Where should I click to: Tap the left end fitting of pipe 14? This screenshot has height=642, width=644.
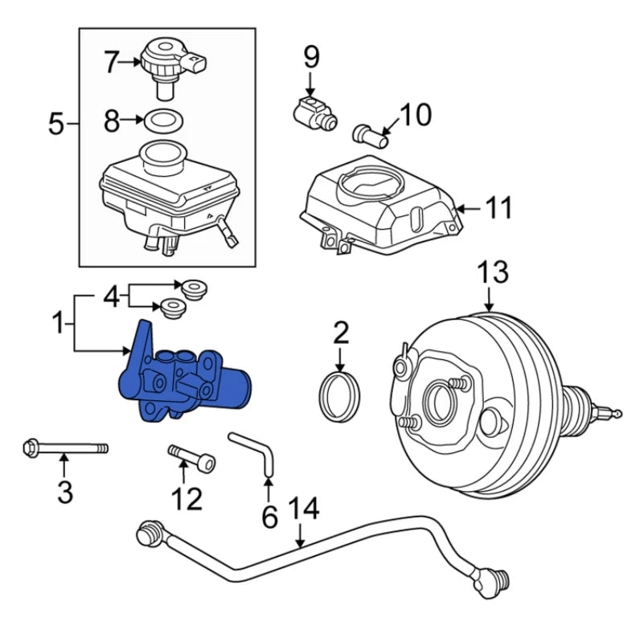pyautogui.click(x=148, y=533)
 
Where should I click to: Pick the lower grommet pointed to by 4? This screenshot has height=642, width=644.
pyautogui.click(x=173, y=306)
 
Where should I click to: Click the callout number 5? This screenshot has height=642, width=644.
pyautogui.click(x=55, y=124)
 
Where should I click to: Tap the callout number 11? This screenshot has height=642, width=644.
pyautogui.click(x=498, y=208)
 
